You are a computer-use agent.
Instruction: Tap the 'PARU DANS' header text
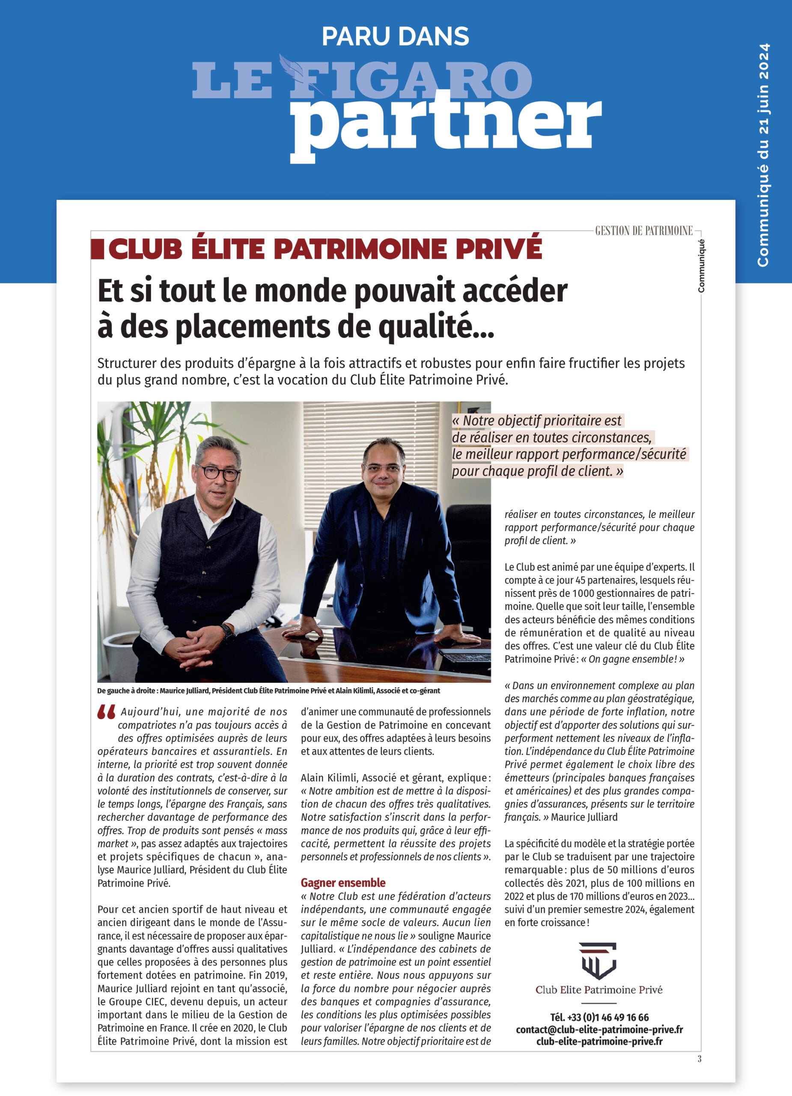click(395, 36)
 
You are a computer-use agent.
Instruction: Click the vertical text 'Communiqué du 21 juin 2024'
click(763, 155)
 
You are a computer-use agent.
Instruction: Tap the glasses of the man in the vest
click(218, 472)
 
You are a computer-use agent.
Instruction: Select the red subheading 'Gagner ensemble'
click(343, 882)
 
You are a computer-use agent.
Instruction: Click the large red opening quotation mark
click(106, 713)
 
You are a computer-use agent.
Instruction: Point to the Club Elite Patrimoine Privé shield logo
click(598, 961)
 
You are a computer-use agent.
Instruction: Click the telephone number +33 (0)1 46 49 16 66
click(599, 1017)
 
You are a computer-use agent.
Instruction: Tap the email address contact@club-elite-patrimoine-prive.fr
click(599, 1029)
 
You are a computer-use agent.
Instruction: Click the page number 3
click(699, 1059)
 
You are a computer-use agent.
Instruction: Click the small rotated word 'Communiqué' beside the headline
click(701, 266)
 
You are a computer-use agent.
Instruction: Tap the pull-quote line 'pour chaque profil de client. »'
click(537, 471)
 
